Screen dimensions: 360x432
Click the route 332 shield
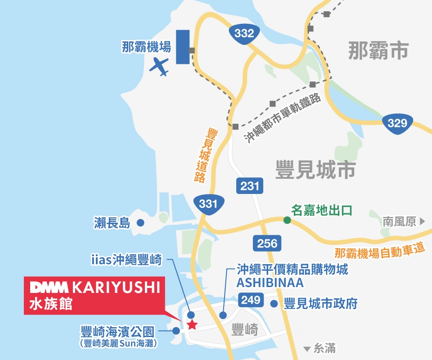click(244, 33)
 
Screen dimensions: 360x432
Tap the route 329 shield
click(397, 123)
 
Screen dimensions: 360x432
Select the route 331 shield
click(208, 204)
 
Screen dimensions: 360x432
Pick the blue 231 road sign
click(249, 186)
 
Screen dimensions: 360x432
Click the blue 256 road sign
click(267, 243)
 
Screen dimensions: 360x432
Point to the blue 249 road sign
click(251, 300)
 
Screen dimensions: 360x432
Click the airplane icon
click(159, 67)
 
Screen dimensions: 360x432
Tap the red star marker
click(192, 324)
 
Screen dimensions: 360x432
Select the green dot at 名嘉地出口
click(287, 220)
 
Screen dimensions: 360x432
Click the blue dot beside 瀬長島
click(140, 222)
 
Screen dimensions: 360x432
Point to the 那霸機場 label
click(146, 47)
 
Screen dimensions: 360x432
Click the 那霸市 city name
click(378, 50)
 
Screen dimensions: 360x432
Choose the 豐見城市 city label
click(315, 171)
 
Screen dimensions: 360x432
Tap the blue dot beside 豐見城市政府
click(274, 304)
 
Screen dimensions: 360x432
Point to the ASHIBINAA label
click(270, 283)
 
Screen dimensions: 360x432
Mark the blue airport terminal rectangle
click(182, 47)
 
